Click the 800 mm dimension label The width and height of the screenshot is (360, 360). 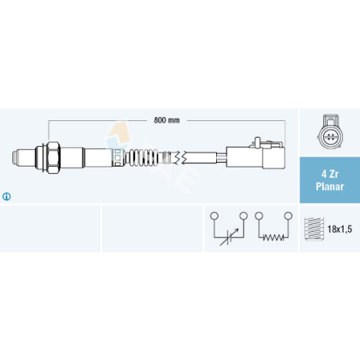pos(167,120)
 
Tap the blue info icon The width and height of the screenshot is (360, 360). pos(6,197)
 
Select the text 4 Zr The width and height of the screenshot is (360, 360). pos(330,174)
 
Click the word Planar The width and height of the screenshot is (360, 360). pos(330,186)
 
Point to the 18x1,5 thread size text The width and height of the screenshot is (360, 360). pos(340,230)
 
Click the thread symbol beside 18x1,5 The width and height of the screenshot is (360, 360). pos(314,229)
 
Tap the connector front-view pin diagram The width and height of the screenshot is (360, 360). pos(330,132)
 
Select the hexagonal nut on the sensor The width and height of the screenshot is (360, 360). pos(53,157)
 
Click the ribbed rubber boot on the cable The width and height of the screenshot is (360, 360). pos(144,157)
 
